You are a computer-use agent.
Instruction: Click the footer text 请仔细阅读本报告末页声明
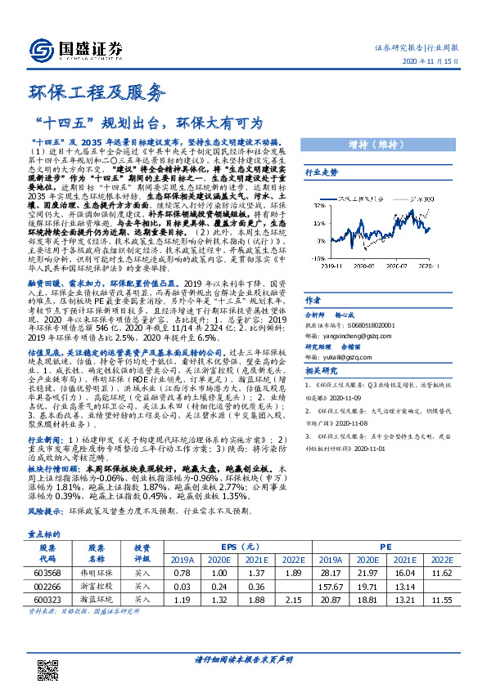(243, 659)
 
